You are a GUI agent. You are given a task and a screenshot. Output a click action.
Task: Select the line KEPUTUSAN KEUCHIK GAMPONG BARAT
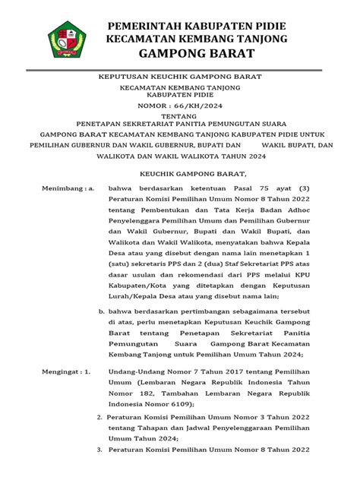click(x=180, y=77)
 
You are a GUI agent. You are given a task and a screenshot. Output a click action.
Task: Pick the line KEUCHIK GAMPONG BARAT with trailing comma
click(x=180, y=172)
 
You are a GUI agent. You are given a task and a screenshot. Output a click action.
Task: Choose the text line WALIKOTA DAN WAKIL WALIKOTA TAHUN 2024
click(x=180, y=157)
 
